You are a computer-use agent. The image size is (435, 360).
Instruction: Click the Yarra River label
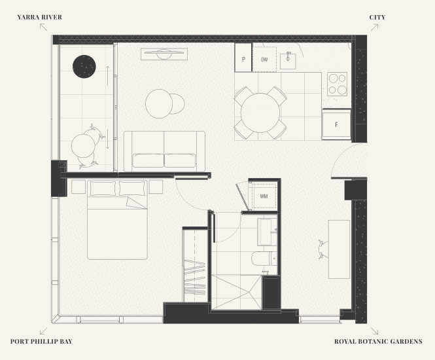(40, 17)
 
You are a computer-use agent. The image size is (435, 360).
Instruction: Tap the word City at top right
(377, 17)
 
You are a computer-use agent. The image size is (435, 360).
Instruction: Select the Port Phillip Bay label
(41, 342)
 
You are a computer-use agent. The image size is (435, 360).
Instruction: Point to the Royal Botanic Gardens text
(378, 342)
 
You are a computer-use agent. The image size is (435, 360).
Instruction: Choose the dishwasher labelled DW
(264, 59)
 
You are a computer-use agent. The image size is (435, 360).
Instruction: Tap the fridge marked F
(336, 124)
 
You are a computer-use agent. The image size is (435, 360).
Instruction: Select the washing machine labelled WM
(264, 196)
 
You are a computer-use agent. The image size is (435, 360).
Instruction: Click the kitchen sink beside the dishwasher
(288, 61)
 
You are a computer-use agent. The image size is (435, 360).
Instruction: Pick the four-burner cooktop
(337, 84)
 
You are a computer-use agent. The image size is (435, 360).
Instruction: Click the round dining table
(260, 113)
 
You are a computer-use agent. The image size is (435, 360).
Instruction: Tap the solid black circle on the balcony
(84, 67)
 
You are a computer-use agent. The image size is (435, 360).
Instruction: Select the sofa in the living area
(164, 151)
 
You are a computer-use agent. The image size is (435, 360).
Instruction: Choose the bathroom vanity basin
(267, 232)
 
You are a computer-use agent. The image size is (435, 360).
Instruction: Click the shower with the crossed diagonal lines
(237, 292)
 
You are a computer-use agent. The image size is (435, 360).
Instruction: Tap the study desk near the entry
(339, 249)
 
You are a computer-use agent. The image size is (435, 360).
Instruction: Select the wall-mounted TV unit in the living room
(164, 54)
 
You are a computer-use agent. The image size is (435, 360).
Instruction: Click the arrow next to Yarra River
(43, 27)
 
